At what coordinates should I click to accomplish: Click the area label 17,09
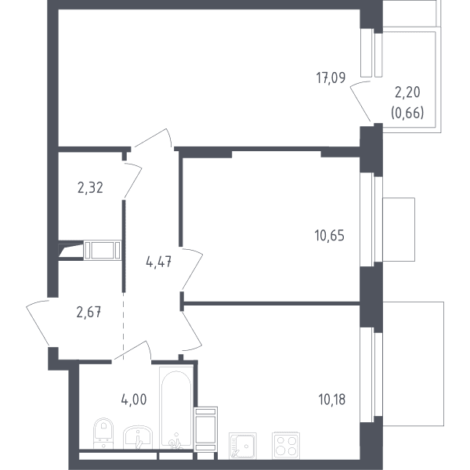[x=331, y=78]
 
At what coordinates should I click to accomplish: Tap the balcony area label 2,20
[x=407, y=92]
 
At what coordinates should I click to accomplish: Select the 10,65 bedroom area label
[x=330, y=236]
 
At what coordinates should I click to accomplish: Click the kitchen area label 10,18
[x=332, y=399]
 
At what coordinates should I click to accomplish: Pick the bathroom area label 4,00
[x=134, y=399]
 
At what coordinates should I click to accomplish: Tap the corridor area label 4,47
[x=158, y=262]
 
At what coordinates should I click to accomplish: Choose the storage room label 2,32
[x=90, y=188]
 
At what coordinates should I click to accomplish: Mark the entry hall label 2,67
[x=89, y=313]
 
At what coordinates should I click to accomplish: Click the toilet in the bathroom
[x=103, y=433]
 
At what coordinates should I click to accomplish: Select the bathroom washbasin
[x=138, y=437]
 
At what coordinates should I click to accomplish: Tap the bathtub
[x=176, y=407]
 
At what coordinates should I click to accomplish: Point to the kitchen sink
[x=243, y=446]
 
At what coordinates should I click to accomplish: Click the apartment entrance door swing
[x=38, y=323]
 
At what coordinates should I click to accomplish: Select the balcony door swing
[x=360, y=101]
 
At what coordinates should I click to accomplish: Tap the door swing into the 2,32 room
[x=133, y=180]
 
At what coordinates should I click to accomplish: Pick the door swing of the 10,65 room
[x=193, y=269]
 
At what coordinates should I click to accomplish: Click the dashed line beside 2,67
[x=123, y=326]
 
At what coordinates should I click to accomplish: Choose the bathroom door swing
[x=132, y=350]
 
